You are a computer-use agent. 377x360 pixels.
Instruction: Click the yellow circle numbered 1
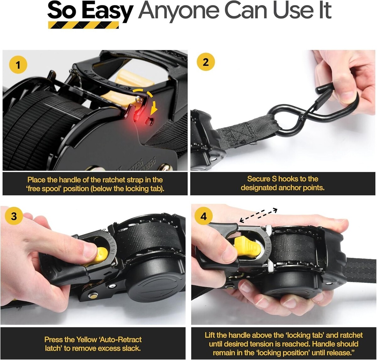coord(18,64)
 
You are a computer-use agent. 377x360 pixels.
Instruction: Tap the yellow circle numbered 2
coord(205,62)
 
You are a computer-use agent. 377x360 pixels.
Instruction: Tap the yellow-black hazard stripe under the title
coord(83,25)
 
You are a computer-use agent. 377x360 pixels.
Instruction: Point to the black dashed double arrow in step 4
coord(258,215)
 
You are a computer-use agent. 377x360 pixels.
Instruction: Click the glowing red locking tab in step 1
coord(138,117)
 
